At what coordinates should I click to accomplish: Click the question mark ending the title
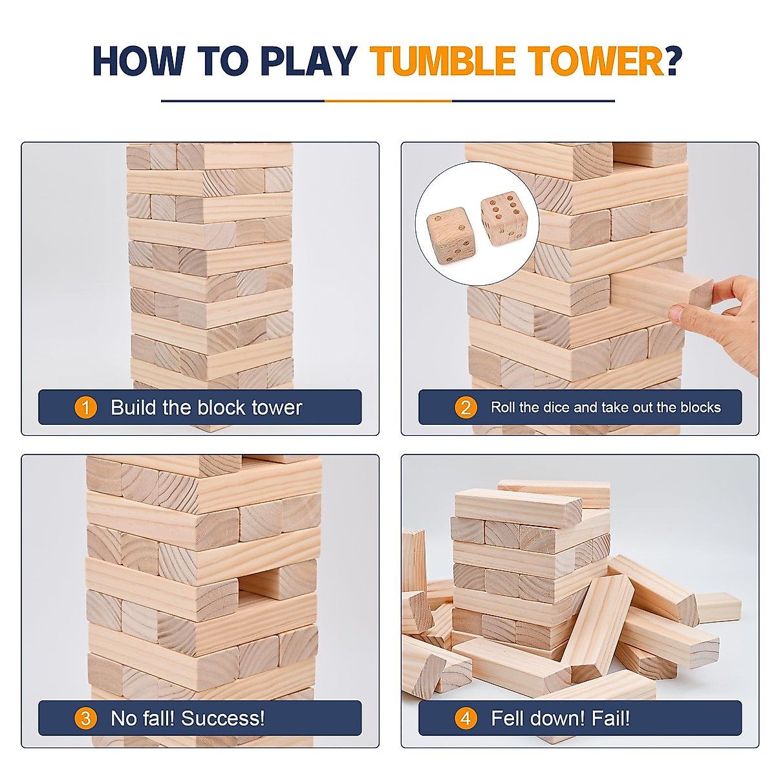[x=674, y=61]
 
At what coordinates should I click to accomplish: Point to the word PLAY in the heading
[x=308, y=61]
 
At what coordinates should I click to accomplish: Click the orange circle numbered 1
[x=85, y=407]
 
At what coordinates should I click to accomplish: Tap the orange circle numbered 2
[x=466, y=407]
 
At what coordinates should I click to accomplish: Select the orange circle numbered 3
[x=85, y=718]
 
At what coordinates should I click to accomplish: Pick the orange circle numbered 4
[x=466, y=718]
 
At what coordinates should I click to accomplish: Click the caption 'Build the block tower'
[x=206, y=407]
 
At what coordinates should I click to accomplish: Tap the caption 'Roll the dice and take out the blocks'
[x=605, y=407]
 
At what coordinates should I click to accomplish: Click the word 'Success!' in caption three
[x=223, y=718]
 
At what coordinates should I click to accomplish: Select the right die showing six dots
[x=504, y=218]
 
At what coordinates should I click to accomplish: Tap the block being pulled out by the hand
[x=660, y=291]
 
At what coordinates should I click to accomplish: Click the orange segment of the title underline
[x=388, y=101]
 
